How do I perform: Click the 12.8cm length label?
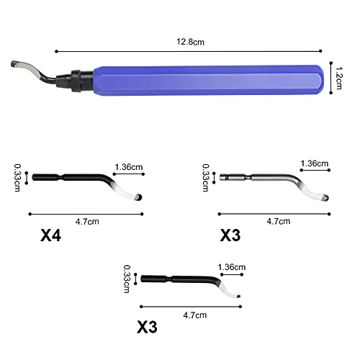tap(190, 42)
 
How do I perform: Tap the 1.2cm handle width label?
tap(338, 78)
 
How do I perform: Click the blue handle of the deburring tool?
tap(208, 81)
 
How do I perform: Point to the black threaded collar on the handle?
tap(76, 81)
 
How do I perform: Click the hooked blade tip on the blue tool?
tap(14, 64)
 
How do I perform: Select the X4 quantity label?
tap(50, 235)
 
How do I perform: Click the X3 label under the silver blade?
tap(230, 235)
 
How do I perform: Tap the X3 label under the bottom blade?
tap(147, 327)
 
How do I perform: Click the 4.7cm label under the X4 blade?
tap(87, 221)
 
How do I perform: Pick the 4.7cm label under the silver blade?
tap(279, 221)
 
